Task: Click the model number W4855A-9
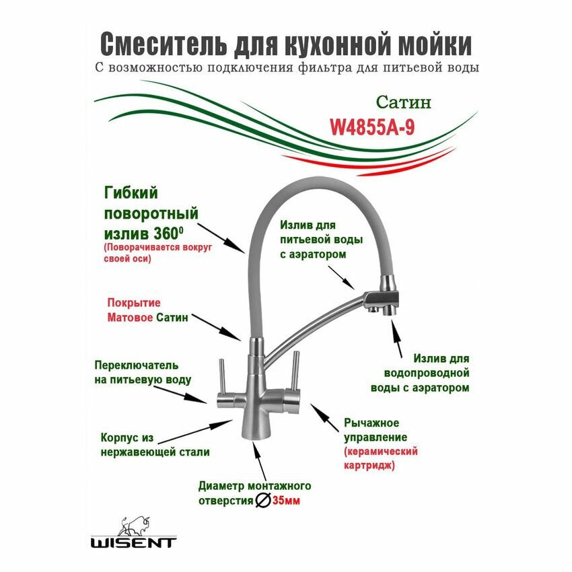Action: click(371, 127)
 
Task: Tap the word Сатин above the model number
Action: click(402, 103)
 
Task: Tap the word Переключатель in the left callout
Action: click(137, 365)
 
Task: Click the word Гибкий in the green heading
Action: click(131, 194)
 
